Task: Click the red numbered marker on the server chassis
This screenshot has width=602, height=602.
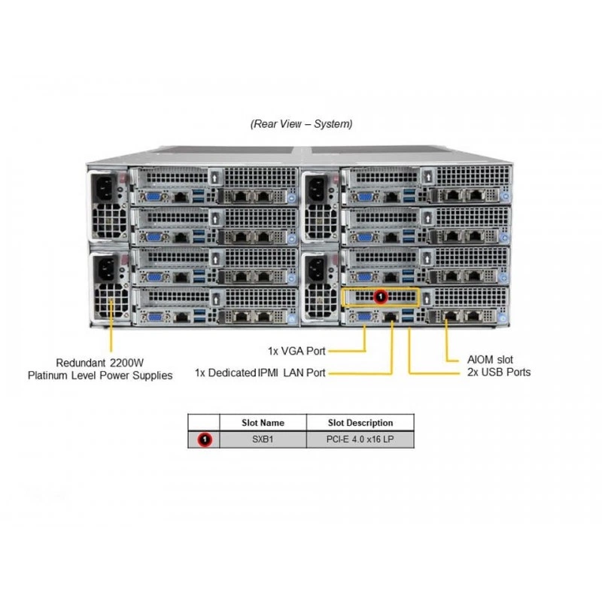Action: [381, 296]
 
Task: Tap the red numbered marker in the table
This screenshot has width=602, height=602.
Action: [205, 439]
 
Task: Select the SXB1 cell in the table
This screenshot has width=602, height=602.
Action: [263, 439]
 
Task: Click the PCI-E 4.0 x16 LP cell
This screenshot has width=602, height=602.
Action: [360, 439]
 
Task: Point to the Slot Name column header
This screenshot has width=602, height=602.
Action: [263, 423]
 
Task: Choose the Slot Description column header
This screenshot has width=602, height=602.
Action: [360, 423]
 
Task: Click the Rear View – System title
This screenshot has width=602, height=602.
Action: [302, 124]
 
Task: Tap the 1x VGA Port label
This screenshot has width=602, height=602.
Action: [296, 351]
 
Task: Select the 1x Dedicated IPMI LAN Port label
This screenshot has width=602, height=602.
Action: [260, 372]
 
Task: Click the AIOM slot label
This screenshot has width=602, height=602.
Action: [490, 360]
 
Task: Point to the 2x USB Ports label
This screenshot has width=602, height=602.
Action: [499, 372]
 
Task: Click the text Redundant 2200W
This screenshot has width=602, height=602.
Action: [100, 363]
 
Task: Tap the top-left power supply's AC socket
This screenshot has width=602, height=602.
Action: [104, 189]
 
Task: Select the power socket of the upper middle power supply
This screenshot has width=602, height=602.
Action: [317, 189]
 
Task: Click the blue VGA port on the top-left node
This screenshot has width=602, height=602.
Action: [154, 197]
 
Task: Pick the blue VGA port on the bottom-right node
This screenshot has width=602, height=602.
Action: [364, 317]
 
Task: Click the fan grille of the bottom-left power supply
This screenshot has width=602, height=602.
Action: [111, 303]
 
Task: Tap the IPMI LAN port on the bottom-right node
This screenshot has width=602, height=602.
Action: [391, 317]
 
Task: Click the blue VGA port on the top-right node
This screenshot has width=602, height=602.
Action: [364, 197]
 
